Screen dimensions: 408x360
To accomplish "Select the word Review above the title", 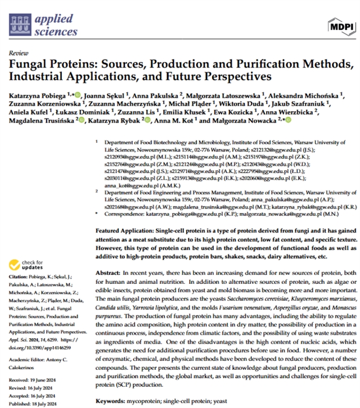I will click(x=19, y=52).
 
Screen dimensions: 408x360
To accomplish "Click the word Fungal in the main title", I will click(x=27, y=63).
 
